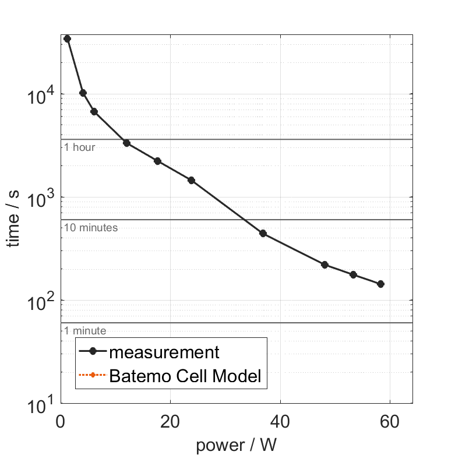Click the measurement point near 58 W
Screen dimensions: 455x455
(x=380, y=284)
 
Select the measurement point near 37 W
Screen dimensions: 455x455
(x=263, y=233)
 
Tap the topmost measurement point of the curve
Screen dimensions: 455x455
(x=67, y=38)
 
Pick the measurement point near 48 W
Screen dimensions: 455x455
(x=325, y=264)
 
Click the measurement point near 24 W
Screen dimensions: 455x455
(x=191, y=180)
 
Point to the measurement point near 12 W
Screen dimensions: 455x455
(x=126, y=143)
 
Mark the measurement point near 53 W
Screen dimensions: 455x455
(x=353, y=274)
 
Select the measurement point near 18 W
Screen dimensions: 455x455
(x=157, y=161)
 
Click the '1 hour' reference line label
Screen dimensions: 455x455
(x=79, y=147)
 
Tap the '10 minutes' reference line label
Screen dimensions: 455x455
(x=91, y=228)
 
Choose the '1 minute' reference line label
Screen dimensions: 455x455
(x=85, y=331)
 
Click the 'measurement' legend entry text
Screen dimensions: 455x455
(x=164, y=352)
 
